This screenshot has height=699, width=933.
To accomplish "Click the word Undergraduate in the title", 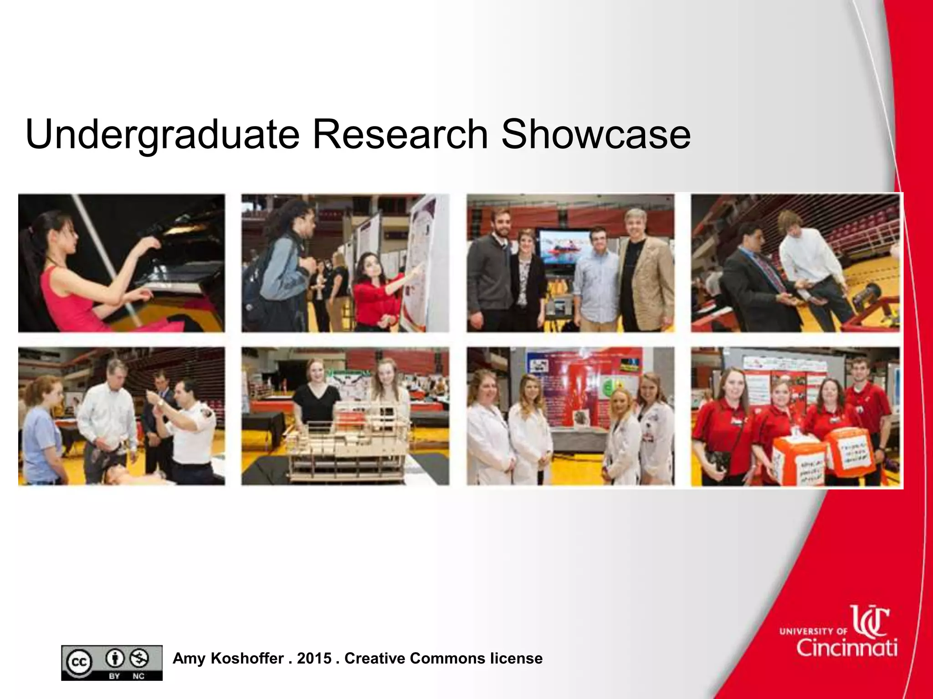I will [x=162, y=135].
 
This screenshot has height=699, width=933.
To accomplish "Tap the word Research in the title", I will [x=400, y=135].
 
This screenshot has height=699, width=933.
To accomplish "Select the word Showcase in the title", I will [x=595, y=135].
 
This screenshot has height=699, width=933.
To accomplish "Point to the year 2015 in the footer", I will [x=314, y=658].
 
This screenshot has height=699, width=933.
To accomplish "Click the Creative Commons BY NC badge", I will [x=112, y=663].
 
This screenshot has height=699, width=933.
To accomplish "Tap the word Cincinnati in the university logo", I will [x=847, y=647].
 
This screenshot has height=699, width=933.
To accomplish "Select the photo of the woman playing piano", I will [x=122, y=263].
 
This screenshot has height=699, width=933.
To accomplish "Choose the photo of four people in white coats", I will [x=570, y=416].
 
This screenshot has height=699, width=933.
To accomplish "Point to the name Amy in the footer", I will [x=189, y=658].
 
